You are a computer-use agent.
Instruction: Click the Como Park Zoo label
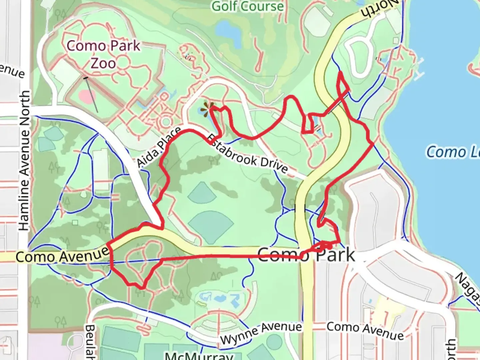103,54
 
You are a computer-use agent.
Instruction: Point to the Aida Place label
159,147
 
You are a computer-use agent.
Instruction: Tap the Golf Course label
248,6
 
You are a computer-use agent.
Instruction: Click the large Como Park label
306,255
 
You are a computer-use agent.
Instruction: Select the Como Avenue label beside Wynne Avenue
365,330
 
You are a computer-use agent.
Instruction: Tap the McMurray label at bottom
199,355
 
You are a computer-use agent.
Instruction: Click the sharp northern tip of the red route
340,72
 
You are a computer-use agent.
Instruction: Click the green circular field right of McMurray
274,342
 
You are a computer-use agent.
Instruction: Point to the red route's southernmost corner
142,287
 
